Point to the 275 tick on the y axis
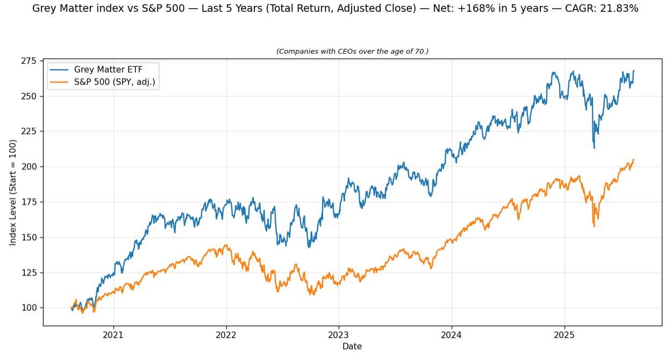pos(30,61)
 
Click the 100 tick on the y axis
pos(30,308)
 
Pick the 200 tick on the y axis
pos(30,167)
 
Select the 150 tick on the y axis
pos(30,237)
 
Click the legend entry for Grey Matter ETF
pos(108,69)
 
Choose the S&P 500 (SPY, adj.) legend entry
pos(115,82)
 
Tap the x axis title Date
pos(352,347)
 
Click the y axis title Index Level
pos(13,192)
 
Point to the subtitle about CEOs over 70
pos(352,51)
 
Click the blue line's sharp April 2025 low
pos(594,148)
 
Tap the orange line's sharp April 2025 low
pos(594,226)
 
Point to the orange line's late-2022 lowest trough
pos(312,294)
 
